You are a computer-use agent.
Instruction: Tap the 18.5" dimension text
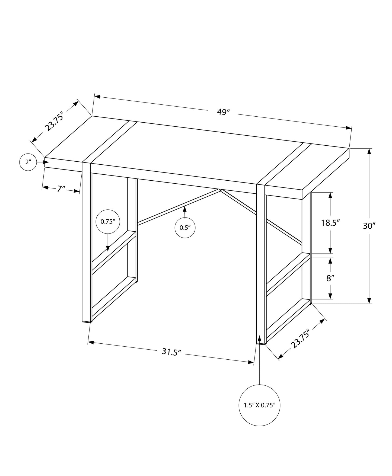330,223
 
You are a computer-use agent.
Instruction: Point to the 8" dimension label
330,278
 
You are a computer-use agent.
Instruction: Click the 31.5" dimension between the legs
171,352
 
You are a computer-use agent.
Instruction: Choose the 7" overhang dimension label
61,189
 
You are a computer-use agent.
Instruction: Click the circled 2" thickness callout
28,162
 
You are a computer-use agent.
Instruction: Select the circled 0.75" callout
108,221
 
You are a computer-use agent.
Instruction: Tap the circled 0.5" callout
185,227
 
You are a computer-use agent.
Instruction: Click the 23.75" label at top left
54,121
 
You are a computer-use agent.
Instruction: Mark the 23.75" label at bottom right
300,340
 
